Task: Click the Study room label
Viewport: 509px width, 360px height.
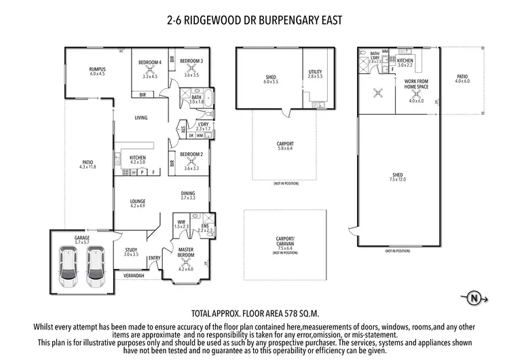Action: coord(131,249)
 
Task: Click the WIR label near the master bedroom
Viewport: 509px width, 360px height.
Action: coord(181,221)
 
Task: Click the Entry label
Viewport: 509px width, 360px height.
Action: coord(154,257)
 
